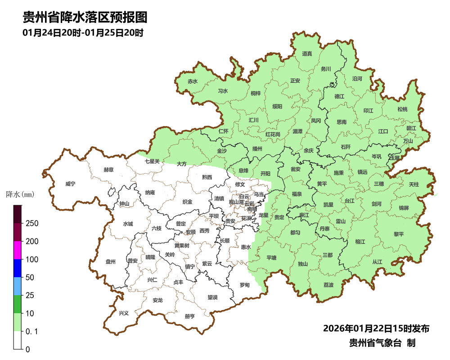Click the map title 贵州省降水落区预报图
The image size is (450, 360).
(85, 18)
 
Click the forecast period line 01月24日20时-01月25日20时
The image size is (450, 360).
(83, 33)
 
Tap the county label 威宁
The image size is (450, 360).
(70, 184)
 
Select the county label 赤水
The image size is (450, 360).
(193, 81)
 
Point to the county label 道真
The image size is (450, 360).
(307, 54)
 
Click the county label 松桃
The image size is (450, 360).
(402, 109)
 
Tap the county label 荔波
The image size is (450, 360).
(328, 285)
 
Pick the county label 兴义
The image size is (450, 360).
(123, 312)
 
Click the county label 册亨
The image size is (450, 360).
(190, 316)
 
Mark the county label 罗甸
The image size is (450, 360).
(244, 285)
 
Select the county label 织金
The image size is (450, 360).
(187, 202)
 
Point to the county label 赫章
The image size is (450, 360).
(108, 170)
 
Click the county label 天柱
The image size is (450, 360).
(414, 184)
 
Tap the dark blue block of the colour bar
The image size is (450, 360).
(18, 268)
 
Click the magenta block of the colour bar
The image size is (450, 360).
(18, 250)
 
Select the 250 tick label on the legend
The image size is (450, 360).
(31, 224)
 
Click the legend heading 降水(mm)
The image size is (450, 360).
(20, 194)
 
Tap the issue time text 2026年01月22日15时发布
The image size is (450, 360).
(376, 328)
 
